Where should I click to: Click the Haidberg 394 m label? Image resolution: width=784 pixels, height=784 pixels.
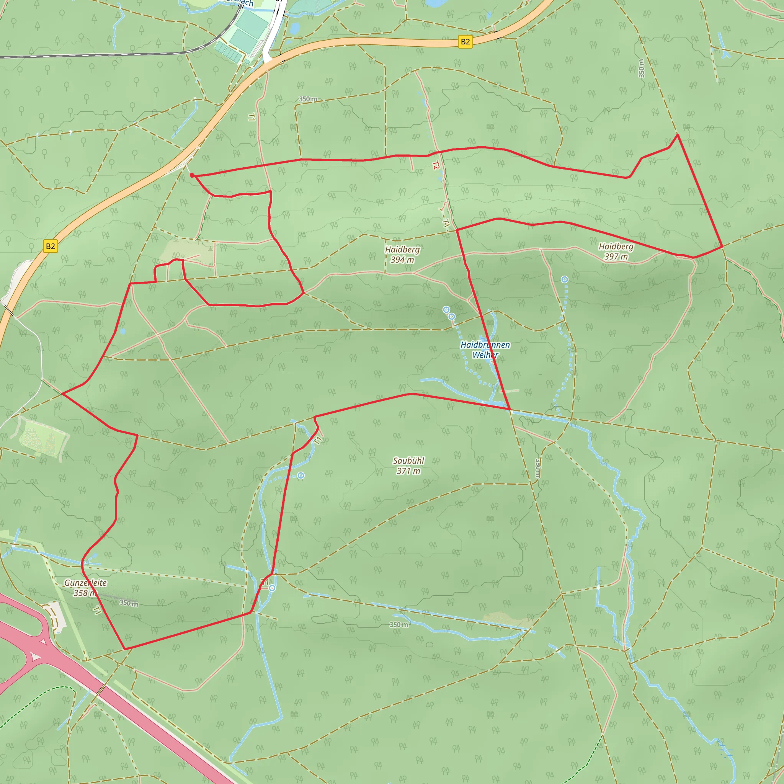pyautogui.click(x=402, y=255)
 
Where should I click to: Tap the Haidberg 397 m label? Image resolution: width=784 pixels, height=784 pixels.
pyautogui.click(x=616, y=251)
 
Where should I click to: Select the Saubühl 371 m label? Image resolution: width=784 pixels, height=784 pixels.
pyautogui.click(x=408, y=465)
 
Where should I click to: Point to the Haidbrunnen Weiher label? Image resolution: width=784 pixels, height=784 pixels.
pyautogui.click(x=485, y=350)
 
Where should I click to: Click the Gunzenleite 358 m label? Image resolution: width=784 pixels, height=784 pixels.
pyautogui.click(x=85, y=588)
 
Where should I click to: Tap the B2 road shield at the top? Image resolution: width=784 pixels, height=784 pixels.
pyautogui.click(x=465, y=42)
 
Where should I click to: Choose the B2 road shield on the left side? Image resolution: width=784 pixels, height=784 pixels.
pyautogui.click(x=50, y=246)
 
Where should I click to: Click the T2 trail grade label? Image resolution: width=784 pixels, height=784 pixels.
pyautogui.click(x=436, y=165)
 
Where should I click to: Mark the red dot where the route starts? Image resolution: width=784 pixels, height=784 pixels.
pyautogui.click(x=192, y=175)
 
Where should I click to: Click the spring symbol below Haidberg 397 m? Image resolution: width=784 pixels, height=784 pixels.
pyautogui.click(x=565, y=279)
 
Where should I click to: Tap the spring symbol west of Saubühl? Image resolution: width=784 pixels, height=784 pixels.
pyautogui.click(x=301, y=475)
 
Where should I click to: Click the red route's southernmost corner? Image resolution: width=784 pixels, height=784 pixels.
pyautogui.click(x=124, y=649)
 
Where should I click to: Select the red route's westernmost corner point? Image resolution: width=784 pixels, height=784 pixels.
pyautogui.click(x=62, y=394)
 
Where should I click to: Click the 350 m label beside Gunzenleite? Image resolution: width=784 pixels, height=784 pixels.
pyautogui.click(x=129, y=603)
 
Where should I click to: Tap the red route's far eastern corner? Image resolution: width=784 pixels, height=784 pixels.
pyautogui.click(x=722, y=246)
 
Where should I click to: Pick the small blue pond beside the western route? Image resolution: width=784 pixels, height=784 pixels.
pyautogui.click(x=123, y=331)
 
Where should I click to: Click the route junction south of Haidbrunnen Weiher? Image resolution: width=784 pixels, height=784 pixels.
pyautogui.click(x=509, y=409)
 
